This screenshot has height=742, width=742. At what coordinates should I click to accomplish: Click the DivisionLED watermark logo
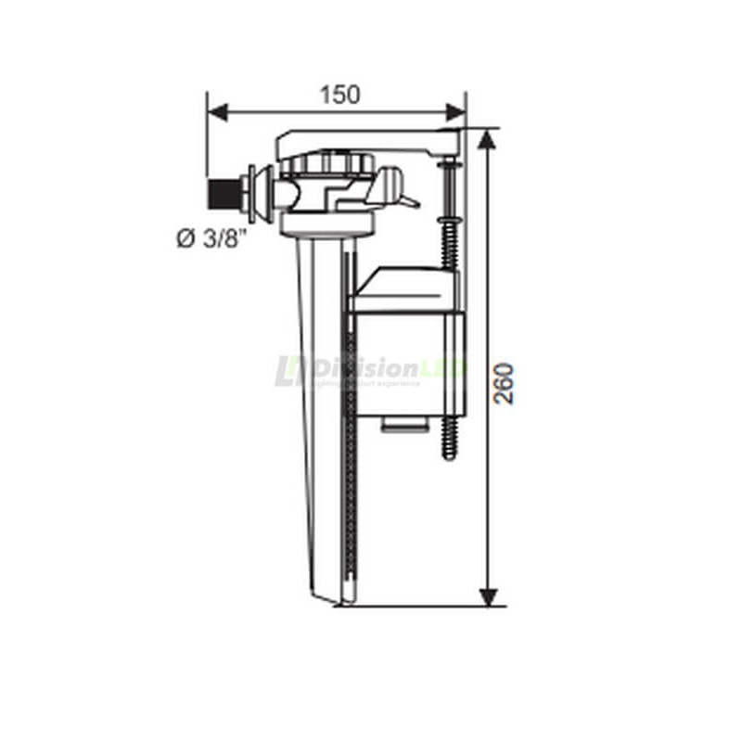pos(371,370)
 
